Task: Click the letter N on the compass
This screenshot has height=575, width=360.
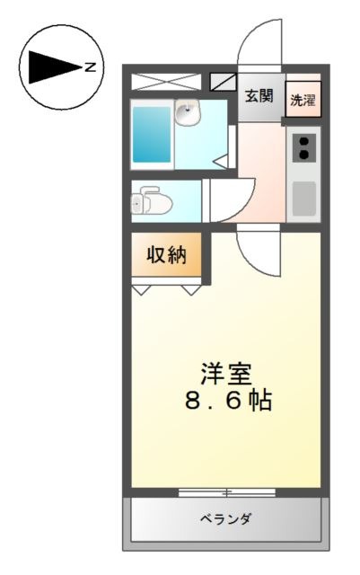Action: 90,67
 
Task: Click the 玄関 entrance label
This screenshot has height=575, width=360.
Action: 259,96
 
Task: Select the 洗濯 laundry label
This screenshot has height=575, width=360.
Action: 303,100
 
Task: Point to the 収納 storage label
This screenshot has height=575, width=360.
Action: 166,254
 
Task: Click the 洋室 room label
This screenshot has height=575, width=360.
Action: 226,374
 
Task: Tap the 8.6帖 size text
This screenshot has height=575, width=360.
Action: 228,400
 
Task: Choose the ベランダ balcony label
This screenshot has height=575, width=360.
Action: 225,519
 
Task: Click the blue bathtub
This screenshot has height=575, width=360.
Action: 152,134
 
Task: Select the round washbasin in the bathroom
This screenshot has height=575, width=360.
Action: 188,112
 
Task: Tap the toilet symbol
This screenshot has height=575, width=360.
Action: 152,200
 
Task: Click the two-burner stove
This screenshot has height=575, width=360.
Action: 304,147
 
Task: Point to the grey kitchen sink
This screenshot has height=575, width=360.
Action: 304,199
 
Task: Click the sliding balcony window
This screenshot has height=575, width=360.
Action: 227,492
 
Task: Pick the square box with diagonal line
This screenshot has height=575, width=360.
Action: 223,82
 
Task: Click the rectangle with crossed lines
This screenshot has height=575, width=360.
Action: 166,82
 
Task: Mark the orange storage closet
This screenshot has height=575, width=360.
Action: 166,254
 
